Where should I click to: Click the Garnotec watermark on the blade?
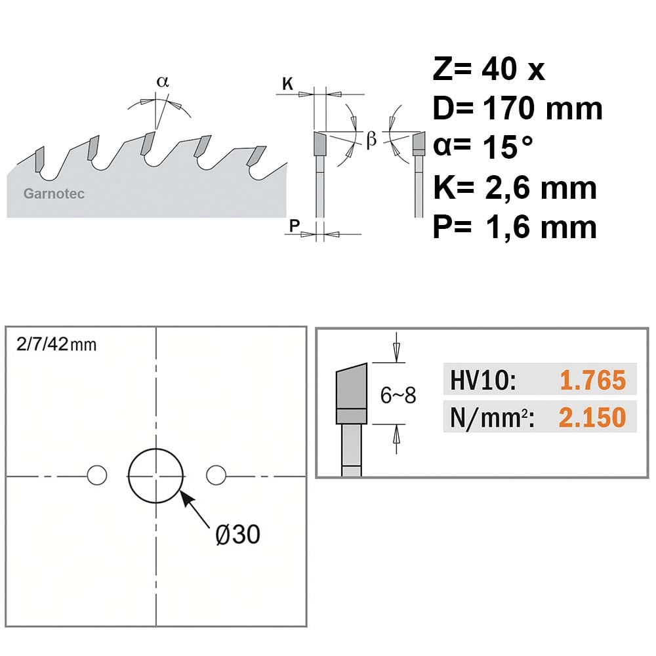[54, 194]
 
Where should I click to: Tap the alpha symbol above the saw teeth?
[163, 81]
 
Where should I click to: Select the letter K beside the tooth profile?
[288, 84]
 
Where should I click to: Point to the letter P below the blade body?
[295, 226]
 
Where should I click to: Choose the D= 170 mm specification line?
[518, 108]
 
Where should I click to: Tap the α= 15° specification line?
[483, 147]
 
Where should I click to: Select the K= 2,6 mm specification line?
[514, 188]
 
